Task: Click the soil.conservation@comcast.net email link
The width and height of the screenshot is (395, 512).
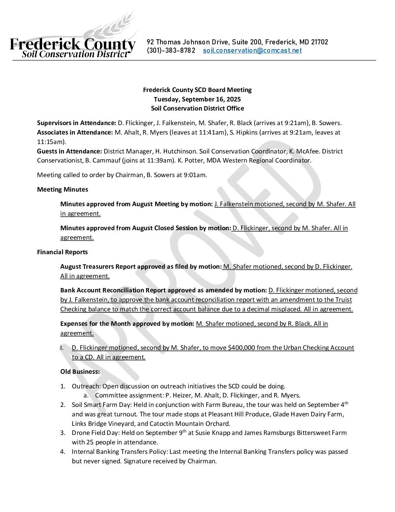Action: [x=252, y=51]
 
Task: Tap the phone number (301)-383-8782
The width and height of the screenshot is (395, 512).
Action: [x=171, y=51]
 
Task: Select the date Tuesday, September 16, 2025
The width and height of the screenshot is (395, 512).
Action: [x=197, y=99]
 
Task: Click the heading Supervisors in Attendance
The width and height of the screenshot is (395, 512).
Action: [x=76, y=123]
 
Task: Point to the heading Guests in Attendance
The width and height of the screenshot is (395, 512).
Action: [x=69, y=151]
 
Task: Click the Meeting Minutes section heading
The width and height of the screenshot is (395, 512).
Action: [x=62, y=189]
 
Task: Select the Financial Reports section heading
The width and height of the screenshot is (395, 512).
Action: [x=62, y=252]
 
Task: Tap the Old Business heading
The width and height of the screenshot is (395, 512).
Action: [x=80, y=372]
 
